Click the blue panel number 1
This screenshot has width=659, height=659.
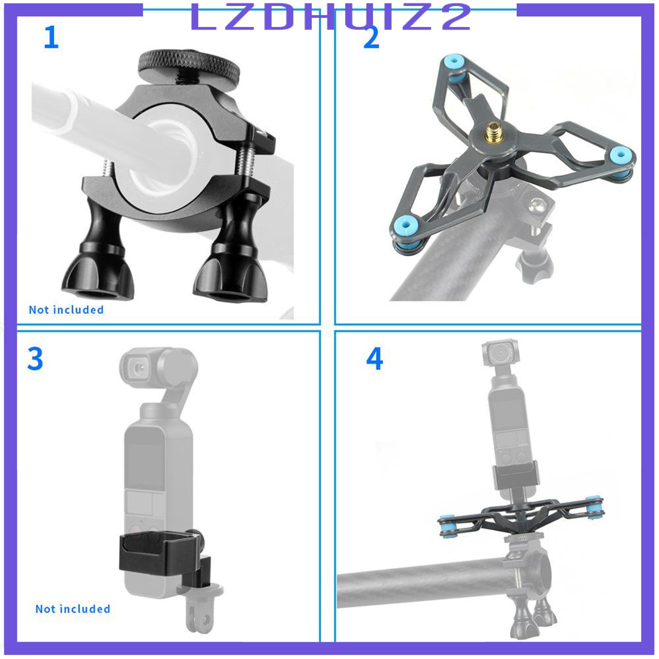coord(51,37)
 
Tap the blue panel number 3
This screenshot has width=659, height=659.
coord(35,359)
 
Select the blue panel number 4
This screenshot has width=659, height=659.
coord(374,359)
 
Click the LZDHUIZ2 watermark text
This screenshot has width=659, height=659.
coord(330,17)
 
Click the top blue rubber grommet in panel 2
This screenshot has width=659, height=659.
coord(453,63)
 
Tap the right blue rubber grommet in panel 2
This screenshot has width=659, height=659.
coord(620,156)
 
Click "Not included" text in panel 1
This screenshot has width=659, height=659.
coord(66,310)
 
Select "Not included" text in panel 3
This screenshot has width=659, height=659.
coord(73,609)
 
